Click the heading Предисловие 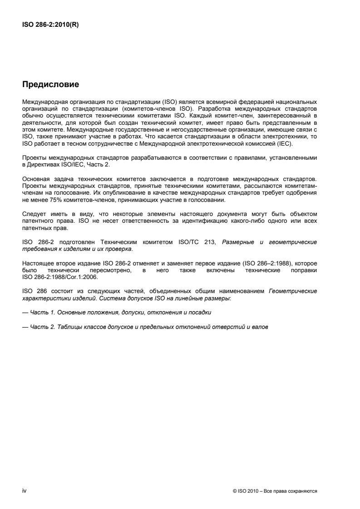point(50,84)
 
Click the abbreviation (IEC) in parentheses point(286,144)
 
